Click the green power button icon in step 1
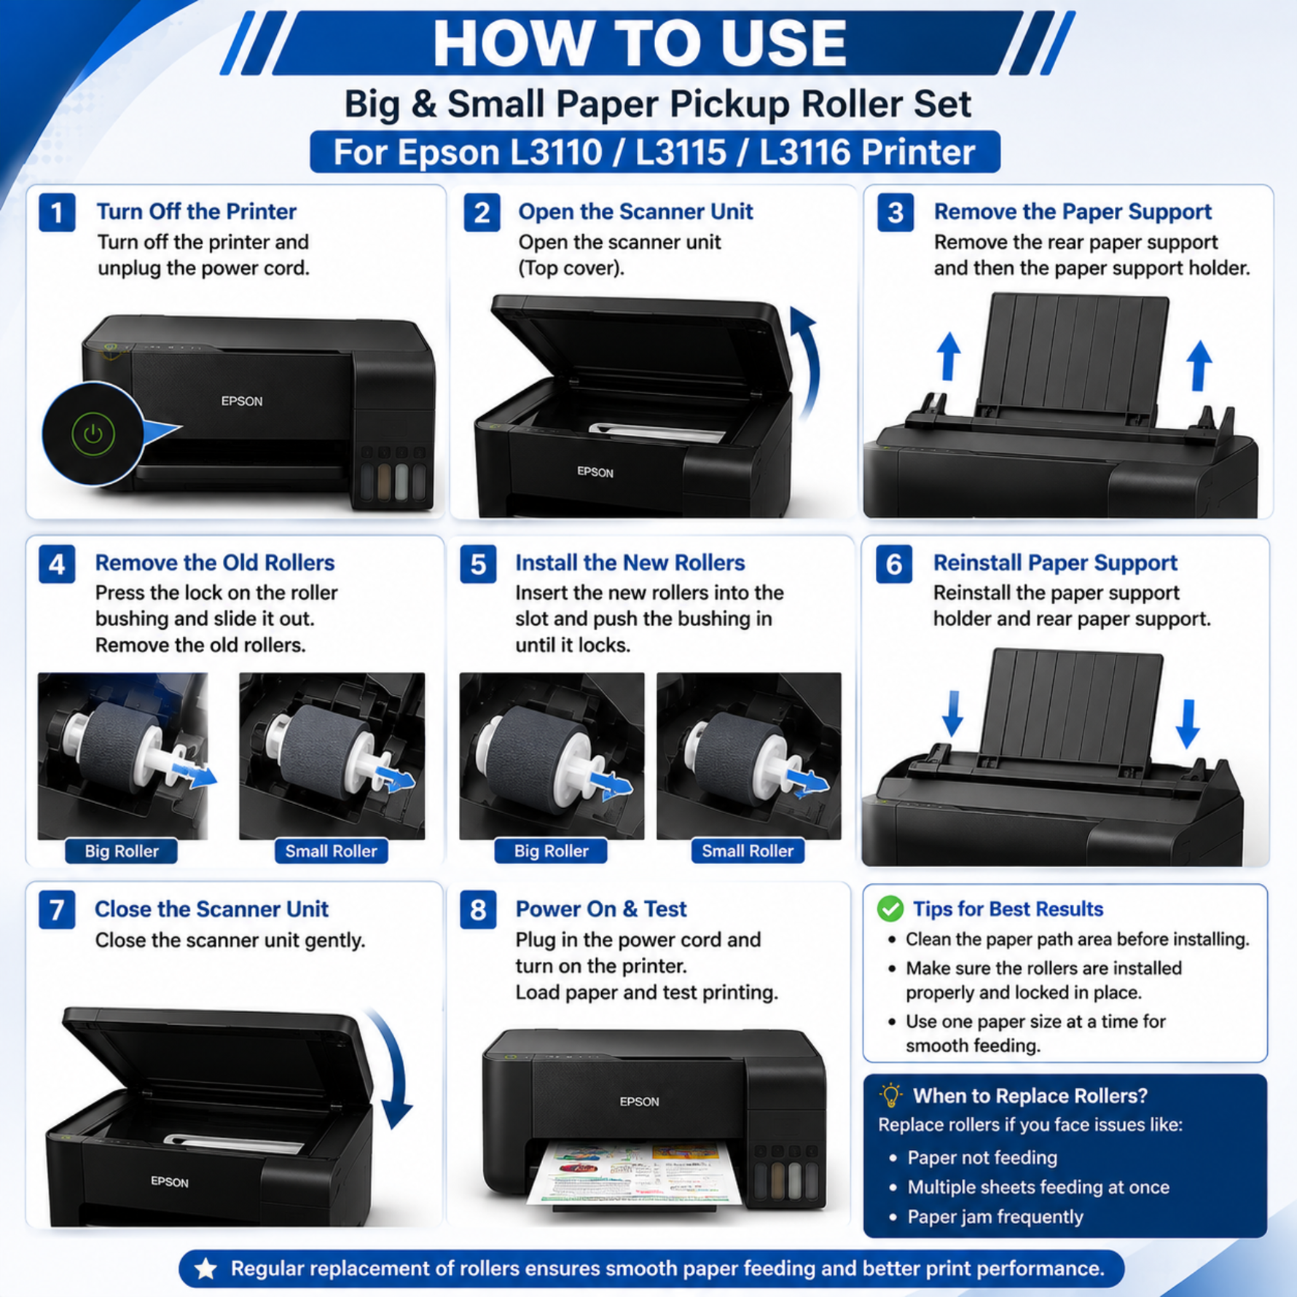coord(93,434)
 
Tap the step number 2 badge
coord(482,213)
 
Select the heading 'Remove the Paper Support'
coord(1073,211)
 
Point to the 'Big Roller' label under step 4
coord(122,851)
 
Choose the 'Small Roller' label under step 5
coord(748,850)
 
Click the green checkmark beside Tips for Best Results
coord(890,909)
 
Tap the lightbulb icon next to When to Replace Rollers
coord(890,1096)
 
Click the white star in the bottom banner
coord(206,1269)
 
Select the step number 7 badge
coord(57,910)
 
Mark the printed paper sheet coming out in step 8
coord(633,1174)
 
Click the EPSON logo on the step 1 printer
coord(242,401)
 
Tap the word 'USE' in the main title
coord(783,43)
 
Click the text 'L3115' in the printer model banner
coord(681,152)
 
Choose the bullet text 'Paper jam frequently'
coord(995,1217)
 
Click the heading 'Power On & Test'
coord(601,909)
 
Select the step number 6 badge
coord(894,565)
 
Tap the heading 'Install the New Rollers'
coord(630,563)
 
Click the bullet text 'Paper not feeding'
coord(982,1158)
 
